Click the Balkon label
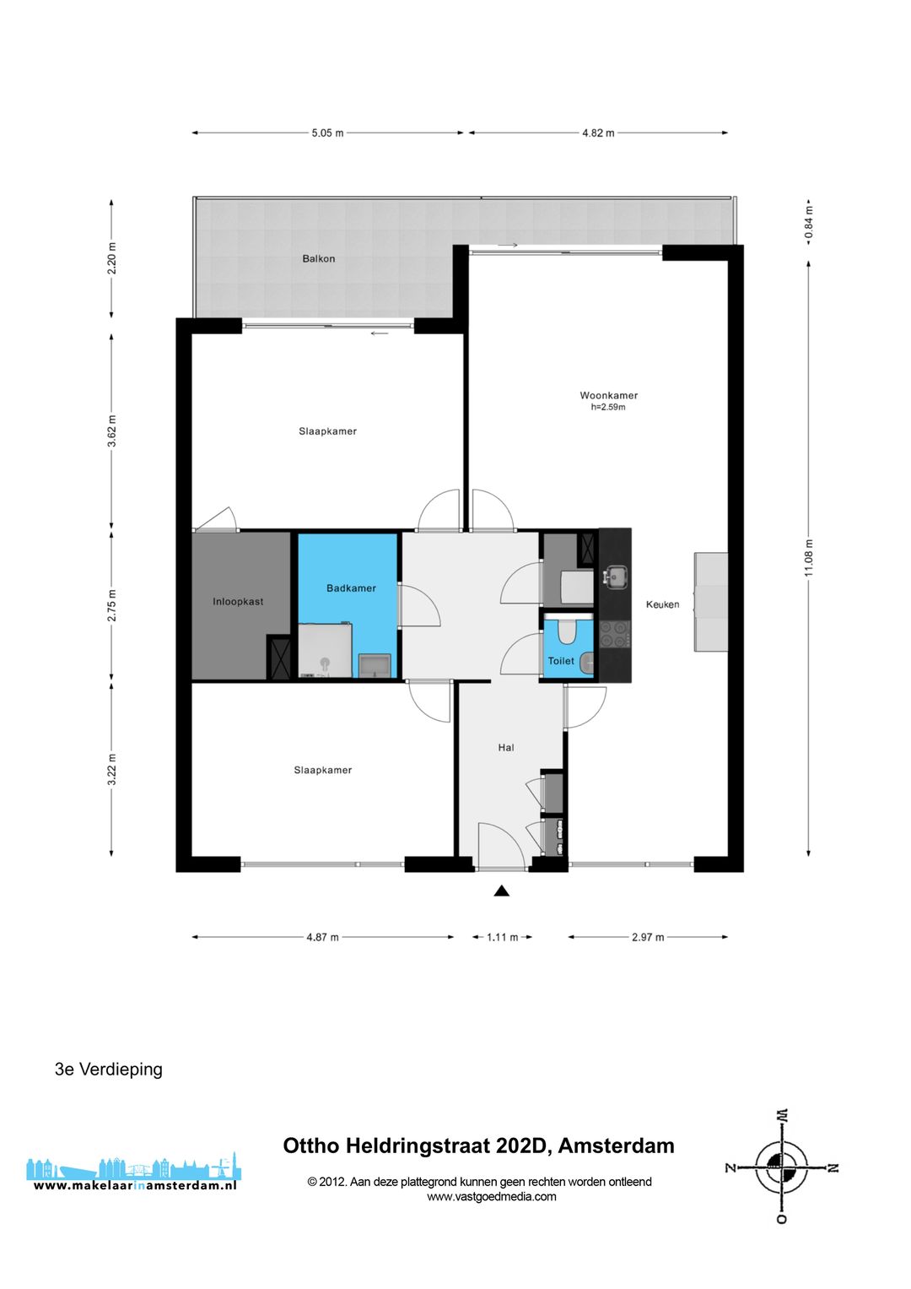coord(319,258)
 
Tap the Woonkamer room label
coord(608,395)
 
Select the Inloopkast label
coord(238,602)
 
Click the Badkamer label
coord(351,588)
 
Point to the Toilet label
coord(561,661)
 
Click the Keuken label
coord(662,604)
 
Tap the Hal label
coord(506,747)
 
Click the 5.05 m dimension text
coord(327,133)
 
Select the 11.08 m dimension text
coord(809,558)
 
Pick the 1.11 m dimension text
coord(502,937)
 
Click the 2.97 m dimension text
coord(648,937)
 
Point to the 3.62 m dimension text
coord(112,431)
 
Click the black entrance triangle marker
coord(502,891)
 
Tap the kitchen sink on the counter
coord(614,577)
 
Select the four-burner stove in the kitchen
coord(615,634)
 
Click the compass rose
coord(782,1167)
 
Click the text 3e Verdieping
coord(109,1069)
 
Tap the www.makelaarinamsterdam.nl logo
coord(134,1174)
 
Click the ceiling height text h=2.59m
coord(608,407)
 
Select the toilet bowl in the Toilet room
coord(567,631)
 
